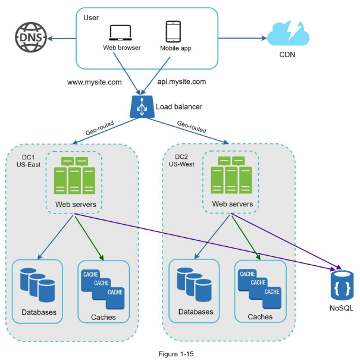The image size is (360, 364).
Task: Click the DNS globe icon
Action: tap(31, 37)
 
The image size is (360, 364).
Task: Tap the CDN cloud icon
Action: tap(288, 33)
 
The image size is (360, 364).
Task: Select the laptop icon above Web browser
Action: tap(121, 33)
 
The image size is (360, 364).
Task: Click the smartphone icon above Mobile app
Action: tap(173, 32)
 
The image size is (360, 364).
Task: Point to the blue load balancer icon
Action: tap(142, 106)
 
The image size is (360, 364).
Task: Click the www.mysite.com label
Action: tap(94, 82)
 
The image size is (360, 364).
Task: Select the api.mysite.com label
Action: tap(181, 81)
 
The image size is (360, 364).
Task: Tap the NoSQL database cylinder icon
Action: tap(342, 285)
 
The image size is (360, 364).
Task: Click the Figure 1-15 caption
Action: tap(176, 354)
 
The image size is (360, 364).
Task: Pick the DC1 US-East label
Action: tap(29, 161)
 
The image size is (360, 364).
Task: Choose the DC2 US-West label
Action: tap(181, 161)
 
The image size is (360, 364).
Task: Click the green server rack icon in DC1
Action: tap(74, 175)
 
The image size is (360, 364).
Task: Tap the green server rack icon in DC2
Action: tap(231, 175)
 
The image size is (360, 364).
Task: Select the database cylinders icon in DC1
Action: tap(37, 285)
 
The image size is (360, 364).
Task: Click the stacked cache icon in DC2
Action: tap(259, 289)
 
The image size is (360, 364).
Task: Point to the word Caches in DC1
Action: tap(104, 317)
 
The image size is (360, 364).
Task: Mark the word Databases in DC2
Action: tap(196, 312)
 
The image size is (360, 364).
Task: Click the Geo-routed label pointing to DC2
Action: tap(192, 127)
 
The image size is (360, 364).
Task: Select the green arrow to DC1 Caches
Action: tap(89, 238)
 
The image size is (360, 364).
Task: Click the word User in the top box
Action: tap(91, 18)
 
